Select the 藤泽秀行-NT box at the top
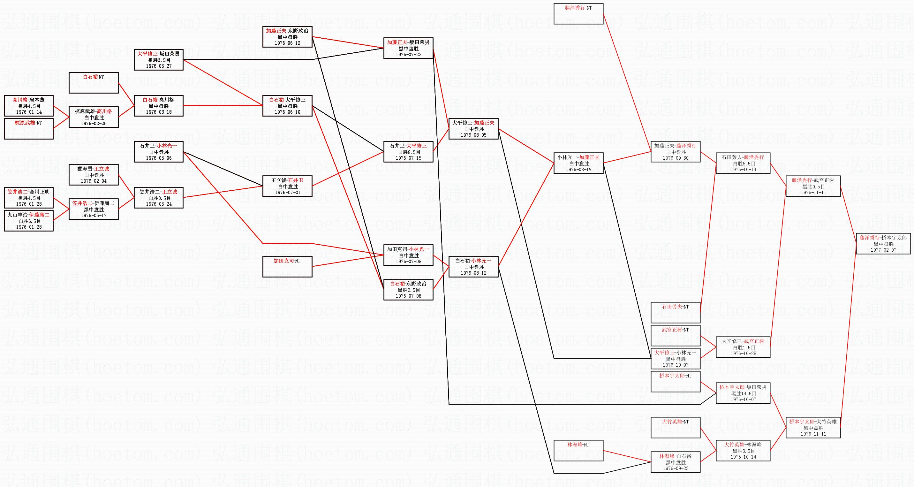[578, 13]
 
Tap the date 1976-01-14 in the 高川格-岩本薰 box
[29, 112]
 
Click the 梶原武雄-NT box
[29, 128]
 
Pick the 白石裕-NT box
[94, 83]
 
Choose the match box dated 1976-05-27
[159, 60]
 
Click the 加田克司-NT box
[287, 267]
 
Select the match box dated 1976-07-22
[408, 48]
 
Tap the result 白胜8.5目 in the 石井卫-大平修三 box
[408, 152]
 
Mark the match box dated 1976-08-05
[474, 128]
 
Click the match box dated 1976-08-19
[578, 163]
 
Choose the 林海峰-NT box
[578, 451]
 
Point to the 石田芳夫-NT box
[676, 312]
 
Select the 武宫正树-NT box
[676, 335]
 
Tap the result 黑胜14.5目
[743, 393]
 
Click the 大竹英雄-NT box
[676, 427]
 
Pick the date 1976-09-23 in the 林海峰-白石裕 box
[676, 468]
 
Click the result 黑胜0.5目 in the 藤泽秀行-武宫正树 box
[813, 186]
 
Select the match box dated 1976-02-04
[94, 175]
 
